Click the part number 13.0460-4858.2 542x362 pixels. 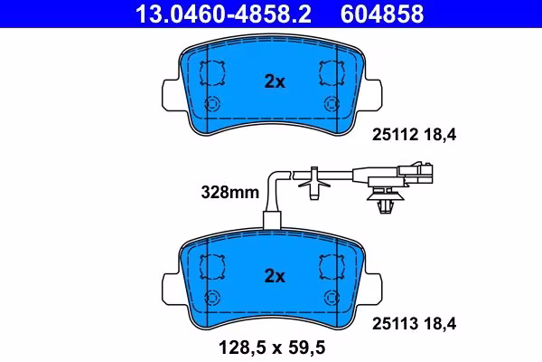[223, 14]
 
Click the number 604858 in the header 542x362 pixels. [382, 14]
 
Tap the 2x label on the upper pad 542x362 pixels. [275, 81]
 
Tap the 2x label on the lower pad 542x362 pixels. [275, 276]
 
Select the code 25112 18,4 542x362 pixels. [414, 135]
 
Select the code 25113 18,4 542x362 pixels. [414, 324]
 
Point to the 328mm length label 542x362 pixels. [229, 192]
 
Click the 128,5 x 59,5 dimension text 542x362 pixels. [272, 348]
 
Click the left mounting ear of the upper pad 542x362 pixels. [171, 94]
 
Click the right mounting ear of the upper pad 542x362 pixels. [373, 94]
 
